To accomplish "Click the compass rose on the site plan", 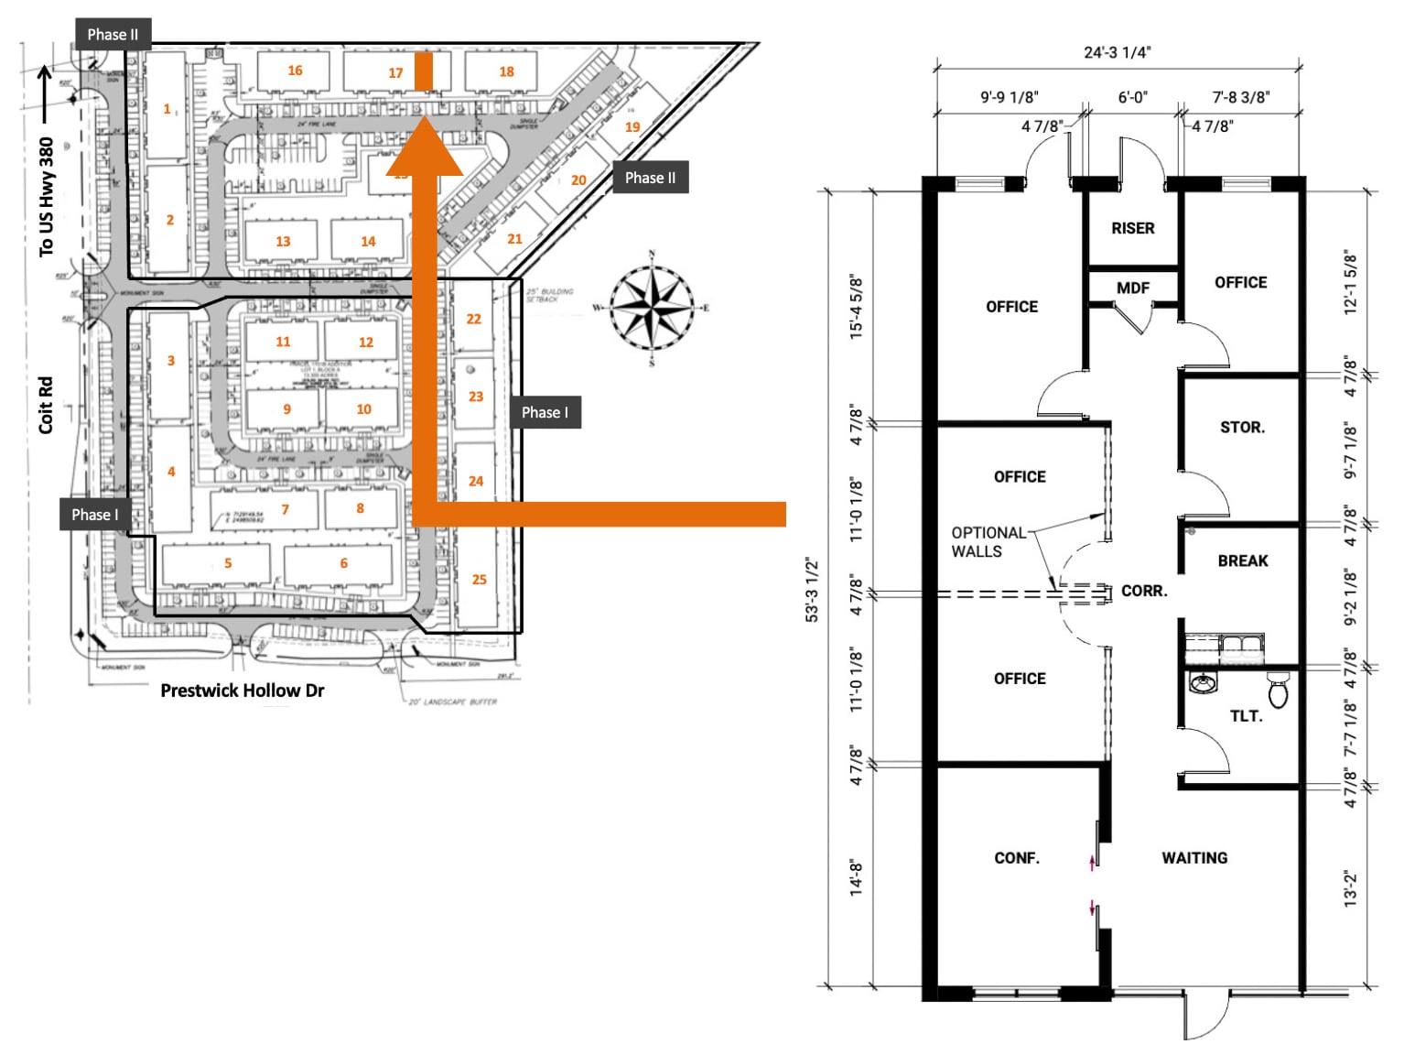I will tap(652, 309).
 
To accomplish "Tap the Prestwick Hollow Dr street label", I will tap(242, 691).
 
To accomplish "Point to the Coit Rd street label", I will tap(46, 405).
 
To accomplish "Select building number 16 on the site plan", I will tap(295, 71).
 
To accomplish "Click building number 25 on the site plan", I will tap(479, 580).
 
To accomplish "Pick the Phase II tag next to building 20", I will tap(650, 178).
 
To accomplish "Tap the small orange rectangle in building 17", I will tap(423, 71).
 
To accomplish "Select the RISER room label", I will tap(1132, 228).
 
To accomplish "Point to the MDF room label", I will tap(1132, 288).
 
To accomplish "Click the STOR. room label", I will tap(1242, 428).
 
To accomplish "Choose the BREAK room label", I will tap(1242, 560).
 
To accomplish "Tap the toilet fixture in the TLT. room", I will tap(1279, 689).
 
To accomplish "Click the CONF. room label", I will tap(1017, 858).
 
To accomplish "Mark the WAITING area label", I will tap(1194, 858).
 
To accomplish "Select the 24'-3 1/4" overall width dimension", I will tap(1117, 52).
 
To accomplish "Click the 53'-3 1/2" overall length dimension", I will tap(812, 591).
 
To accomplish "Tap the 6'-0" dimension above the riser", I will tap(1132, 97).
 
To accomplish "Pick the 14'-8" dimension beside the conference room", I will tap(856, 876).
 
